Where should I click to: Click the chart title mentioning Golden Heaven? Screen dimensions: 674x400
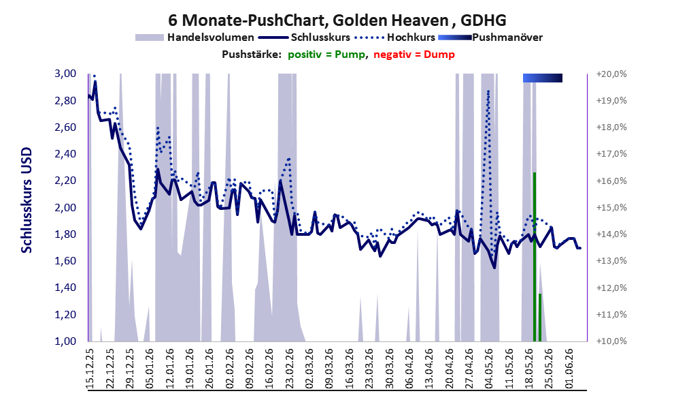click(x=337, y=20)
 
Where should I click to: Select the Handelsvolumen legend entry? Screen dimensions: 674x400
click(x=195, y=37)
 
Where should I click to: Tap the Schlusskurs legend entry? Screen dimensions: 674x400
click(x=304, y=37)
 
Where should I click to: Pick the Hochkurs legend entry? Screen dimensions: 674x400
click(x=394, y=37)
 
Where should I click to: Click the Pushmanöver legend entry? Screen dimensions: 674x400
click(x=490, y=37)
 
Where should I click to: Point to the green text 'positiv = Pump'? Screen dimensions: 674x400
click(x=326, y=55)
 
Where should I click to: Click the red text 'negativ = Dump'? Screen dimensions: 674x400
click(x=414, y=55)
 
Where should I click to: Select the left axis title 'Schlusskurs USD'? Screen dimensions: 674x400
click(x=27, y=200)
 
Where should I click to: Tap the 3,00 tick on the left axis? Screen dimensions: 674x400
click(x=65, y=74)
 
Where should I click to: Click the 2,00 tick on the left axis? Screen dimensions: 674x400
click(x=65, y=208)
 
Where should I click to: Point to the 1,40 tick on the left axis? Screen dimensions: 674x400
click(x=65, y=288)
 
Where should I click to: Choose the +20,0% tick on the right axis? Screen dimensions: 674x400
click(x=611, y=74)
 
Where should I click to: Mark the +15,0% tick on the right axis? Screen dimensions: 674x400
click(x=611, y=208)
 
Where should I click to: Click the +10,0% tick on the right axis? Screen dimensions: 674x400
click(x=611, y=341)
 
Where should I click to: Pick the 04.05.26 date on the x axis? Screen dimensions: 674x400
click(x=489, y=369)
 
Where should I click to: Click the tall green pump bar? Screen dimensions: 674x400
click(x=535, y=257)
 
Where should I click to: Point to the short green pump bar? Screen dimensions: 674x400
click(x=540, y=318)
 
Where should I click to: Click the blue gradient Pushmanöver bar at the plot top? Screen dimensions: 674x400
click(x=543, y=78)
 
